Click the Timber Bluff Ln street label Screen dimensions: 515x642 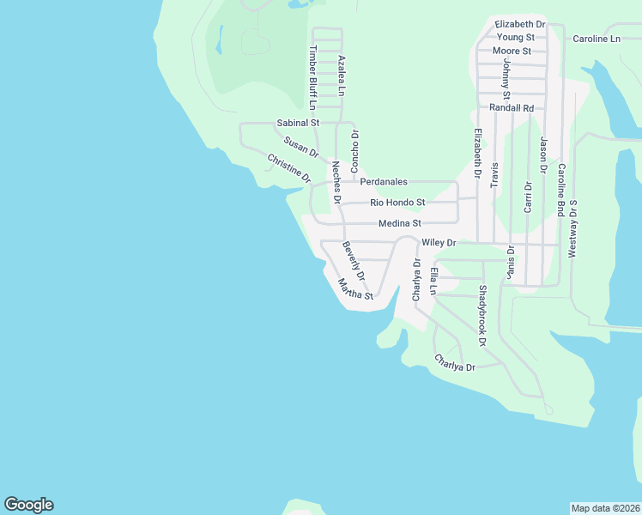point(312,77)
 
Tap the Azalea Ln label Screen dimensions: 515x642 point(341,75)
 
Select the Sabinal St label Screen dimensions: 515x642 point(297,124)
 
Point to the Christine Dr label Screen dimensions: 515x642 point(288,167)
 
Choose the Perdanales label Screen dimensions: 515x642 point(384,182)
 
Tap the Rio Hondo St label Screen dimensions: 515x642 point(397,203)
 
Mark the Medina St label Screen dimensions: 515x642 point(400,223)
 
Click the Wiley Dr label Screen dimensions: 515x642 point(438,244)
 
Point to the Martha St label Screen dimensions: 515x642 point(355,289)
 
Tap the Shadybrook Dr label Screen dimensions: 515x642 point(482,316)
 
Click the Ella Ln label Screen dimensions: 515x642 point(434,281)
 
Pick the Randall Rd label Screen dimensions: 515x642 point(512,108)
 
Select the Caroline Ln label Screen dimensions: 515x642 point(597,39)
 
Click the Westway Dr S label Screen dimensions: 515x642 point(572,229)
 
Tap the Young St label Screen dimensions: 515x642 point(515,38)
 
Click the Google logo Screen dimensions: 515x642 point(28,505)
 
